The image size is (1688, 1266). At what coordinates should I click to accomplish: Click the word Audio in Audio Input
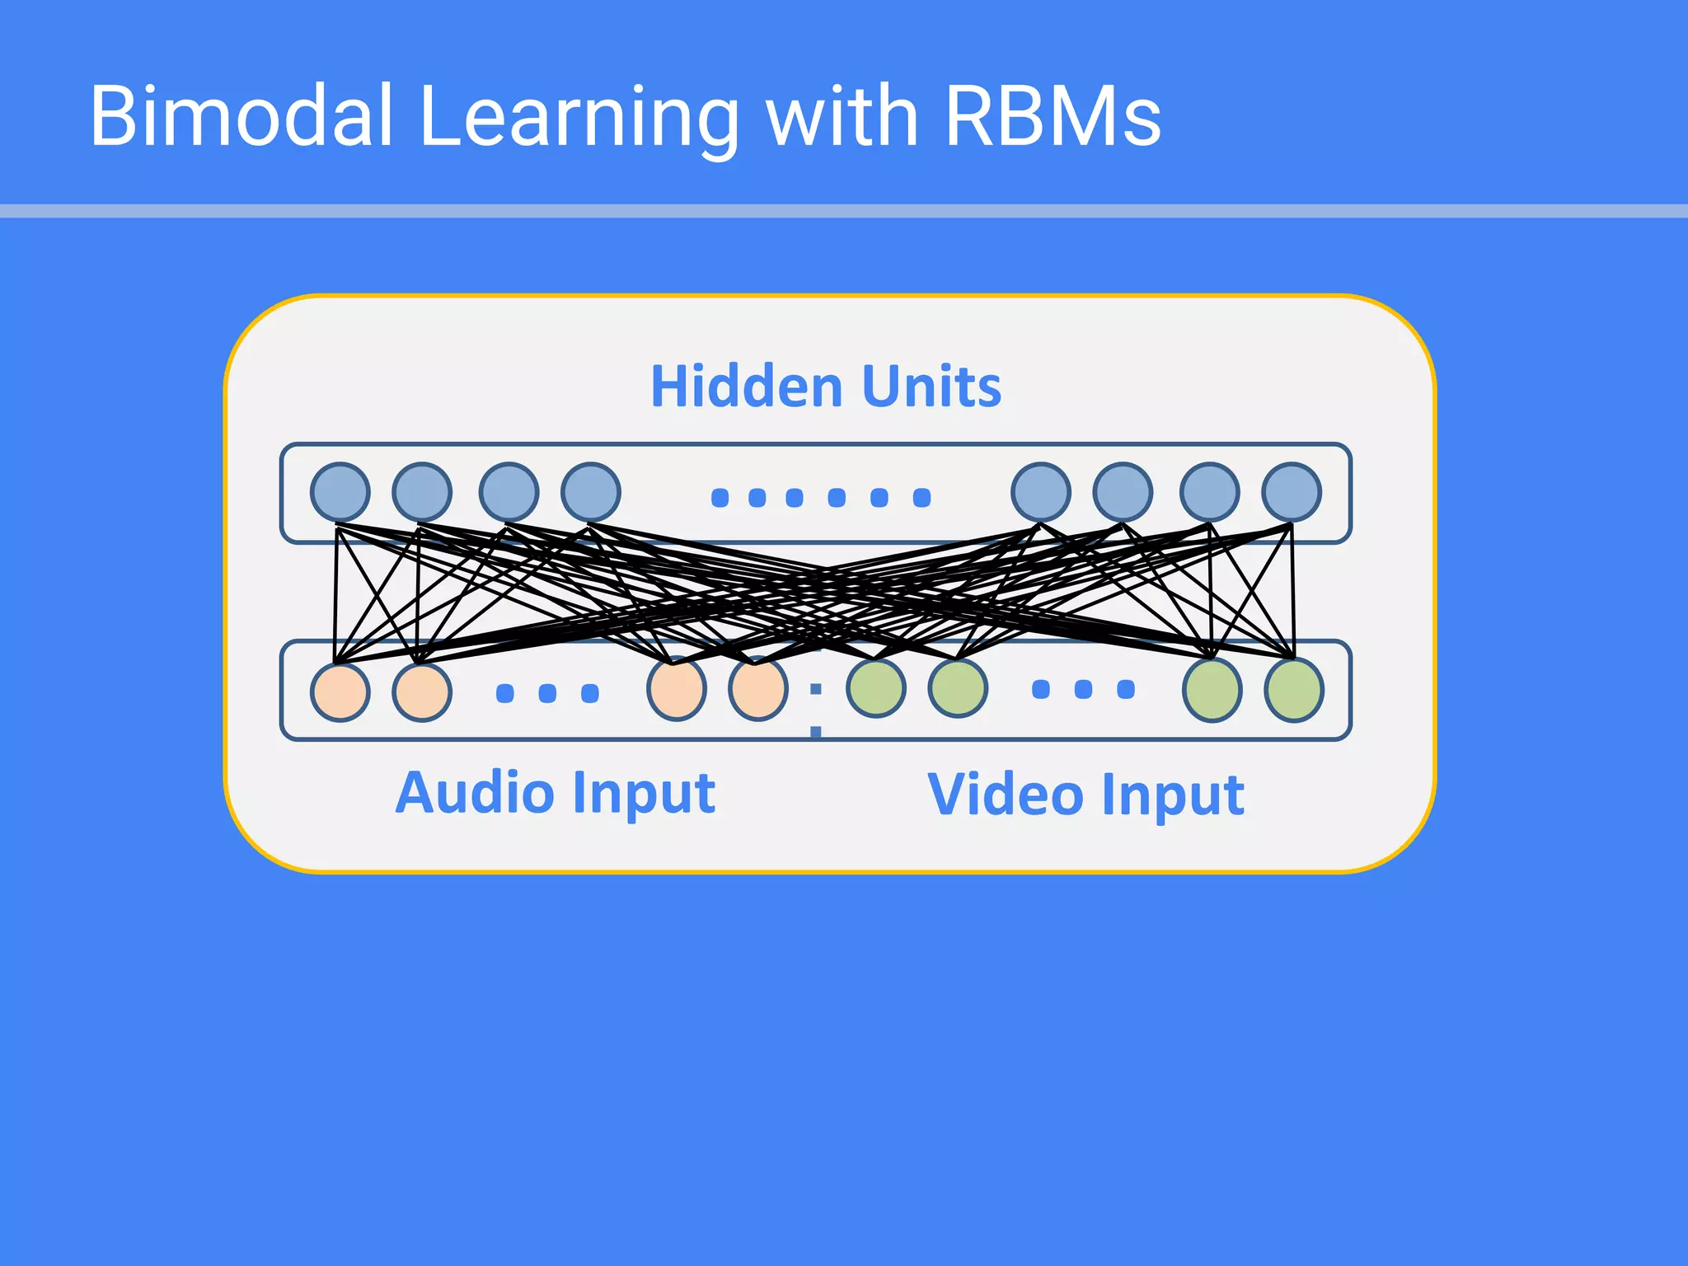click(475, 792)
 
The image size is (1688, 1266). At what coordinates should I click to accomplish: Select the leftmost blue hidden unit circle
click(340, 492)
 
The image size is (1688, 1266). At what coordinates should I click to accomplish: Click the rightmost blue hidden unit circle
click(1292, 492)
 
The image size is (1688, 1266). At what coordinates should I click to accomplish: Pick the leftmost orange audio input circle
click(340, 692)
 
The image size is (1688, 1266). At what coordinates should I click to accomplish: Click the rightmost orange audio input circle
click(757, 690)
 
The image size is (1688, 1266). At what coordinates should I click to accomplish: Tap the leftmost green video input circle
click(875, 688)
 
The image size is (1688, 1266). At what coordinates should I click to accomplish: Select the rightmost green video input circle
click(1294, 691)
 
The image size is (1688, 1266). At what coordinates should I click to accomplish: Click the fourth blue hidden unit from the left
click(590, 492)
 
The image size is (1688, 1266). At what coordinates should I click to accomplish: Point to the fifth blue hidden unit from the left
click(1041, 492)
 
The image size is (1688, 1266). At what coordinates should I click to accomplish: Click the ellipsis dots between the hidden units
click(820, 497)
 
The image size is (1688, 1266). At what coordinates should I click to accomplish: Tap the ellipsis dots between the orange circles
click(547, 693)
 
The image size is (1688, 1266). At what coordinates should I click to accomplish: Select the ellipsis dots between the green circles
click(1083, 689)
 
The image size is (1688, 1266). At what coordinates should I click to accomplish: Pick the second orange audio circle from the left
click(422, 692)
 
